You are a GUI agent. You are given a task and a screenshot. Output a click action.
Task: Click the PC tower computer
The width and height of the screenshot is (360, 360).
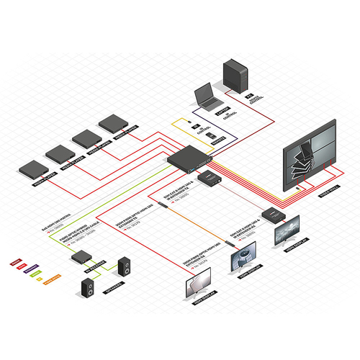(x=238, y=74)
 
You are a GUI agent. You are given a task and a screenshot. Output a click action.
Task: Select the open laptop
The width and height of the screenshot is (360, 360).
(x=207, y=96)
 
